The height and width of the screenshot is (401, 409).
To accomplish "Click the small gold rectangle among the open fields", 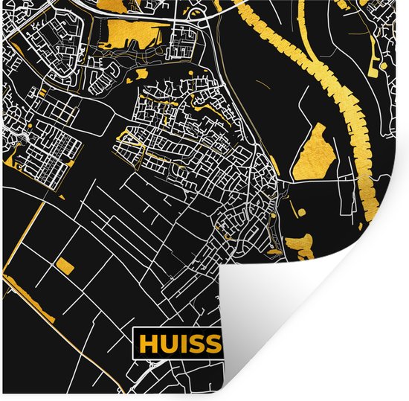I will tap(65, 266).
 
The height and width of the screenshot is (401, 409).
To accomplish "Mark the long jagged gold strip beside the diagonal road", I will tap(30, 298).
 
